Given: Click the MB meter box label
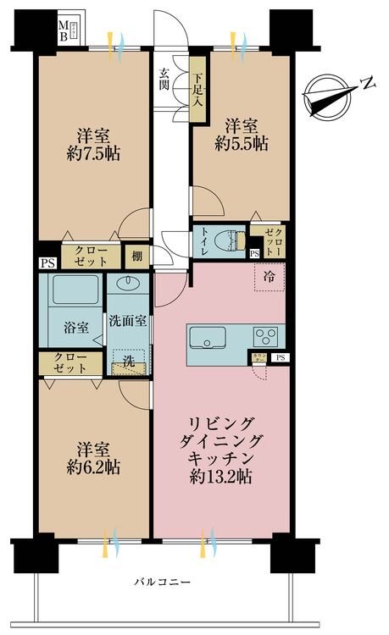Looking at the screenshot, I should [x=64, y=32].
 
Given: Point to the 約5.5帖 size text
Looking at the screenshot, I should [x=242, y=143].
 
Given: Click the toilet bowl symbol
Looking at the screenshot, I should [x=228, y=238].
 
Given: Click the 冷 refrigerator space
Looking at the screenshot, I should [x=269, y=277].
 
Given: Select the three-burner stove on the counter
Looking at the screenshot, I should [x=264, y=333].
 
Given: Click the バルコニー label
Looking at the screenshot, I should [x=160, y=582].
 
